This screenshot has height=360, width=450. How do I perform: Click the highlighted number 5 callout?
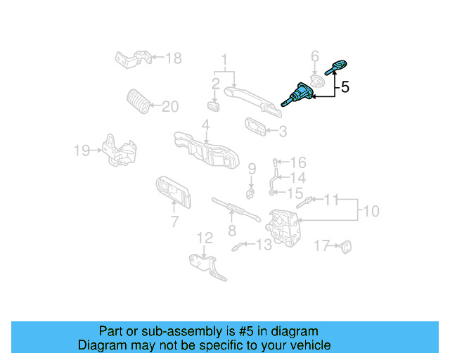click(x=345, y=88)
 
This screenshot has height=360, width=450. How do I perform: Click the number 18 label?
click(x=173, y=58)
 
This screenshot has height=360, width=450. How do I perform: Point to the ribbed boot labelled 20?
click(x=138, y=102)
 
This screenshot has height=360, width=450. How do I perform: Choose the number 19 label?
click(x=82, y=150)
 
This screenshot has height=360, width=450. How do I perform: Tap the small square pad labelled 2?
click(x=214, y=106)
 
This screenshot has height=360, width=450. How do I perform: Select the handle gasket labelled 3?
click(x=255, y=127)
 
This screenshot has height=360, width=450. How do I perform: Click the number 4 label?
click(x=205, y=125)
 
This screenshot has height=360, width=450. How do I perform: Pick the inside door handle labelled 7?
click(x=172, y=192)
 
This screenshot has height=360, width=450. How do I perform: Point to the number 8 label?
click(x=231, y=230)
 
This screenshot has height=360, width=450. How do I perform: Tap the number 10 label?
click(x=371, y=210)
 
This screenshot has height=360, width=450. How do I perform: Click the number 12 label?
click(x=204, y=238)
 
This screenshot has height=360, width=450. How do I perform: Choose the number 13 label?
click(x=264, y=245)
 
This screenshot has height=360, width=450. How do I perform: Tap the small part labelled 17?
click(x=346, y=245)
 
